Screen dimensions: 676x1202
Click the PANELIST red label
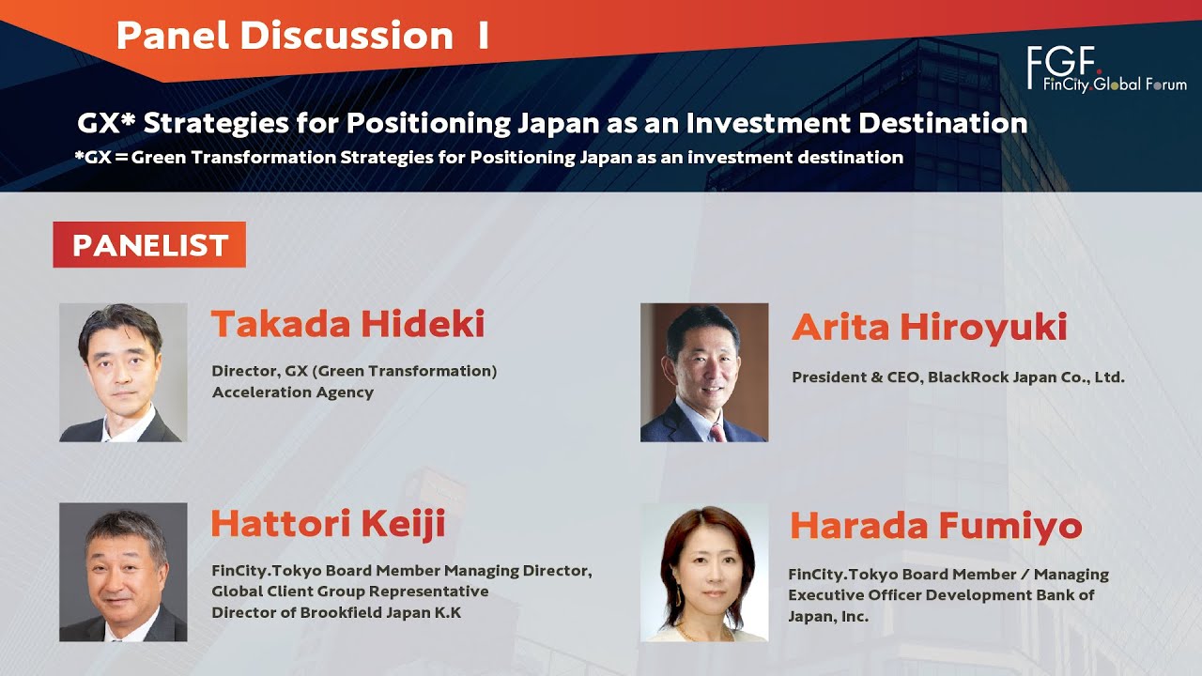click(149, 245)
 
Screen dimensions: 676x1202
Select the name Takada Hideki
click(347, 325)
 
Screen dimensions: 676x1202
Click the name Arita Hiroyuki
click(929, 328)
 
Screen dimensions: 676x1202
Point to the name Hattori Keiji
click(327, 524)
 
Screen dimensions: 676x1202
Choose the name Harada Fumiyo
click(935, 526)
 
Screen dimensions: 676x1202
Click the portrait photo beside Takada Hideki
click(123, 372)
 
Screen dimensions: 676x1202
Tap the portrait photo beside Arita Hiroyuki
click(703, 372)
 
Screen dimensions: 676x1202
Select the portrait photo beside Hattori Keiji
click(123, 572)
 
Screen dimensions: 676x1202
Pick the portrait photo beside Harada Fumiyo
click(703, 573)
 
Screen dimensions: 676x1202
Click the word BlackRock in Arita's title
click(968, 377)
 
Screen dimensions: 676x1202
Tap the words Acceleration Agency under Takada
click(293, 392)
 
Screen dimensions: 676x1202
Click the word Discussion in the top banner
click(347, 36)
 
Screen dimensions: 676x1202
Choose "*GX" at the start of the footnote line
click(91, 157)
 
